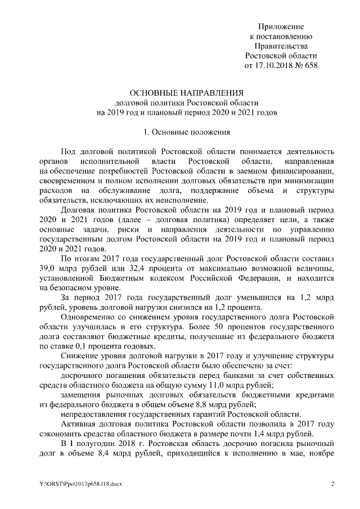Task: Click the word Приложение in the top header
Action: pyautogui.click(x=281, y=26)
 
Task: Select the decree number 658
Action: pyautogui.click(x=310, y=65)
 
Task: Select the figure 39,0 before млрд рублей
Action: pyautogui.click(x=42, y=268)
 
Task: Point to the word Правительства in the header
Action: pyautogui.click(x=281, y=46)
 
